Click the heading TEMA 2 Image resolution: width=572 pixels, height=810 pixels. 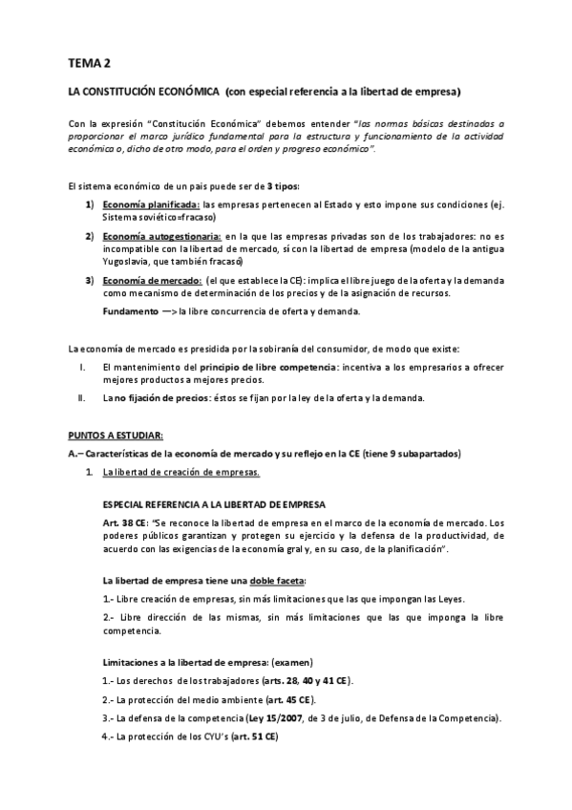pyautogui.click(x=89, y=63)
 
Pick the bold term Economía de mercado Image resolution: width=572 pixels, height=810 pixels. pyautogui.click(x=152, y=280)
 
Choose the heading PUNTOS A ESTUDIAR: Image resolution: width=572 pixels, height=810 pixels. pyautogui.click(x=109, y=435)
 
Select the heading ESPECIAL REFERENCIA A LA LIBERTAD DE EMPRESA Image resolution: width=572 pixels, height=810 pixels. pyautogui.click(x=214, y=503)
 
